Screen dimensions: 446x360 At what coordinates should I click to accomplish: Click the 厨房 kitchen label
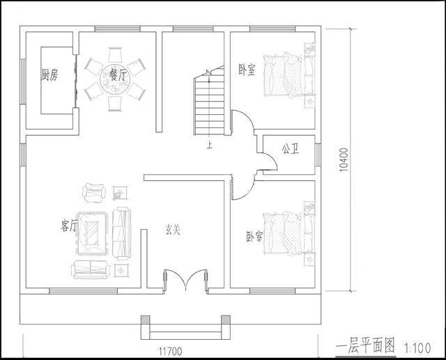49,75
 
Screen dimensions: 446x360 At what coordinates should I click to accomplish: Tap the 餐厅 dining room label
118,75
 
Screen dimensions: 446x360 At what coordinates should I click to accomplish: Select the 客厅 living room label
69,226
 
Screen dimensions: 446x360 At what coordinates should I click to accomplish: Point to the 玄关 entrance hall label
173,230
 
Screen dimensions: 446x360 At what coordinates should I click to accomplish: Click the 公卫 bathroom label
291,148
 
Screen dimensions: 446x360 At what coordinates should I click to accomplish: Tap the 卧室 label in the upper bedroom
247,70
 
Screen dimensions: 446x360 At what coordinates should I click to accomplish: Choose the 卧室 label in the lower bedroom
254,236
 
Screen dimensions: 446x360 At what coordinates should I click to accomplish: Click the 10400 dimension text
344,159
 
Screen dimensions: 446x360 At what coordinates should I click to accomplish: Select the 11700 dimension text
170,351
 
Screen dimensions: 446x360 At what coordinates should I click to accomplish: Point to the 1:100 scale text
417,348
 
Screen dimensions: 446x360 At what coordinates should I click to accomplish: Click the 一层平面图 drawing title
365,347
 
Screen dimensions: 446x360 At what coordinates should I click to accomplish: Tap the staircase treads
209,107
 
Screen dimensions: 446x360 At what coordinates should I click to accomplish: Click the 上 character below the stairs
210,146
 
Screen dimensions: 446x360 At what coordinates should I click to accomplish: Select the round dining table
115,79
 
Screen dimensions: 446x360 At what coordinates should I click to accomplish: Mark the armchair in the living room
94,192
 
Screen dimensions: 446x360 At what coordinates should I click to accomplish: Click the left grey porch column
146,320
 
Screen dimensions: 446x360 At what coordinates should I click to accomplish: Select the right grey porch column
226,320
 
